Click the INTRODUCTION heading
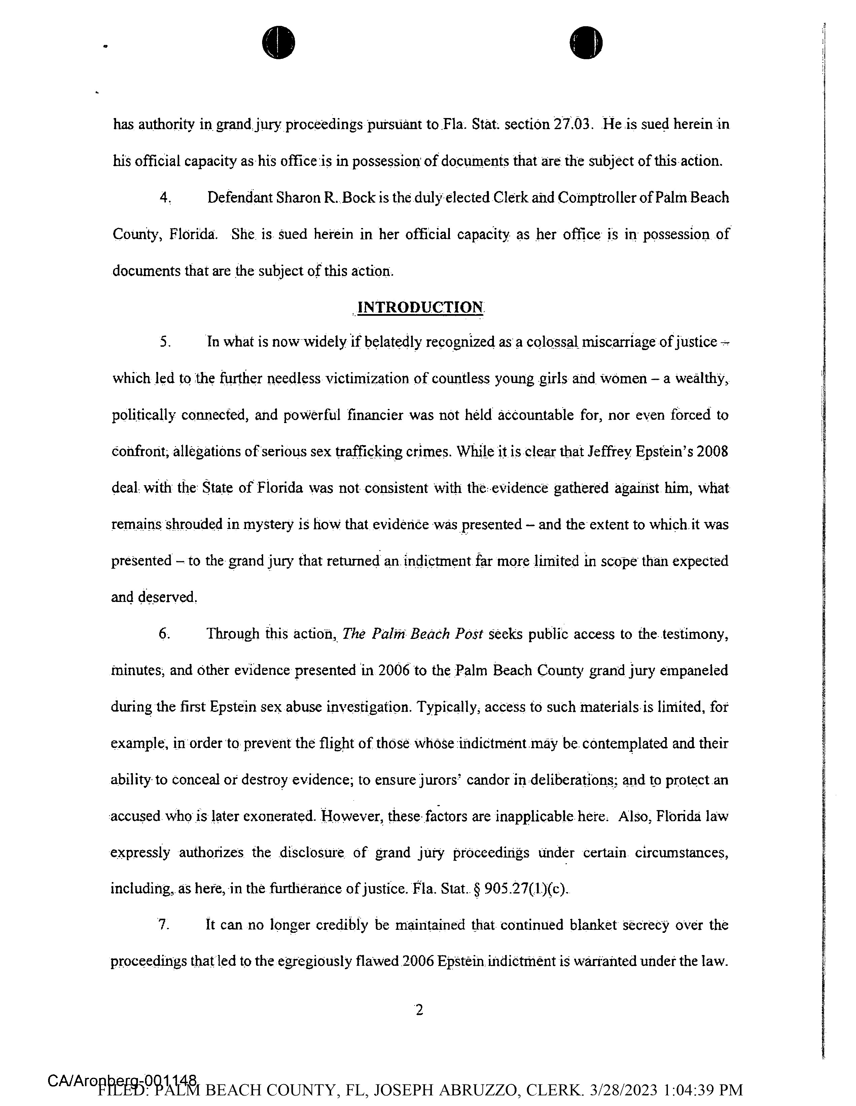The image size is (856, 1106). [420, 307]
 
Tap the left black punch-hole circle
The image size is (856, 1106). [278, 42]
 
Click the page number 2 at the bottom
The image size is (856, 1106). [419, 1010]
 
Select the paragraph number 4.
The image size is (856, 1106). [163, 197]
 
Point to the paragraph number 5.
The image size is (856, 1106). [163, 342]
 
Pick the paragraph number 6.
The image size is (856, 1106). [163, 634]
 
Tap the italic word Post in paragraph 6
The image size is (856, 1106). [468, 634]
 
